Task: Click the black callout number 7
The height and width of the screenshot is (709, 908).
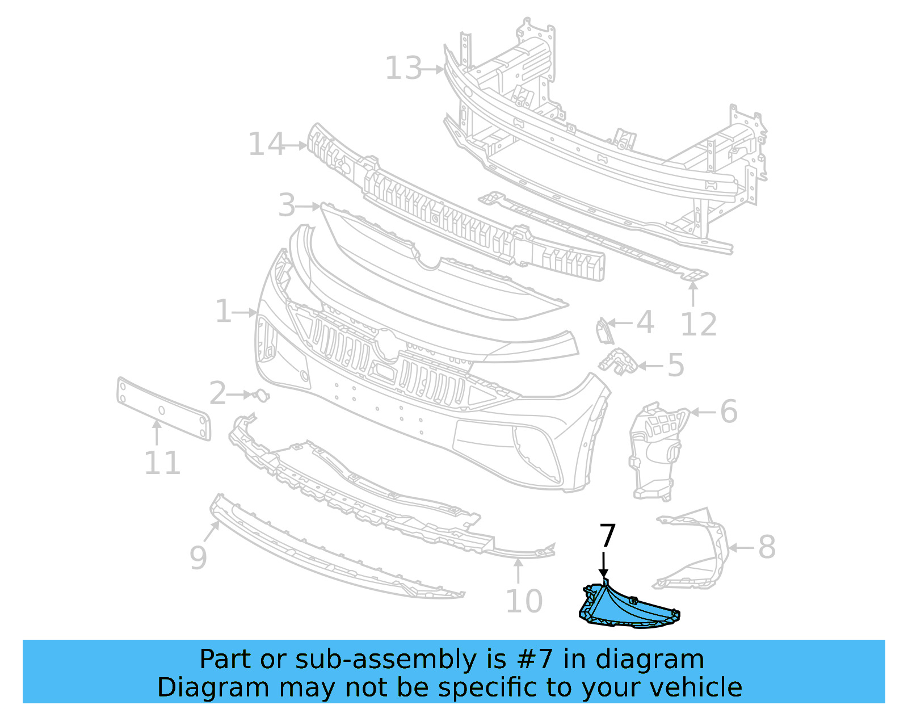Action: pyautogui.click(x=607, y=536)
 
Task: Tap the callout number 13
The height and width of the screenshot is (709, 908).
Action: pyautogui.click(x=403, y=69)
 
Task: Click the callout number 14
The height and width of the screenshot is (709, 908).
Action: pyautogui.click(x=266, y=145)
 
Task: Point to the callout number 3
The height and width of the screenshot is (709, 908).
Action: pyautogui.click(x=287, y=205)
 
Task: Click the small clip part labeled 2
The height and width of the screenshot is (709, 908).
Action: pyautogui.click(x=262, y=395)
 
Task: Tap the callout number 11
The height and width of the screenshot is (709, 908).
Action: pyautogui.click(x=162, y=463)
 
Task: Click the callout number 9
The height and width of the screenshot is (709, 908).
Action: pyautogui.click(x=198, y=557)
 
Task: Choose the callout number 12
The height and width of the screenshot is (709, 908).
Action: pyautogui.click(x=699, y=325)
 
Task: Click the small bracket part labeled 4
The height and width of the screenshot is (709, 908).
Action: pyautogui.click(x=603, y=331)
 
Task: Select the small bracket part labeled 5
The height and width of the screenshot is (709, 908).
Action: pyautogui.click(x=619, y=362)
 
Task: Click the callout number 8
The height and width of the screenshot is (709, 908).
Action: pyautogui.click(x=767, y=548)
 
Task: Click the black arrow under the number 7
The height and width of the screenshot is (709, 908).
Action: pyautogui.click(x=604, y=565)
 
